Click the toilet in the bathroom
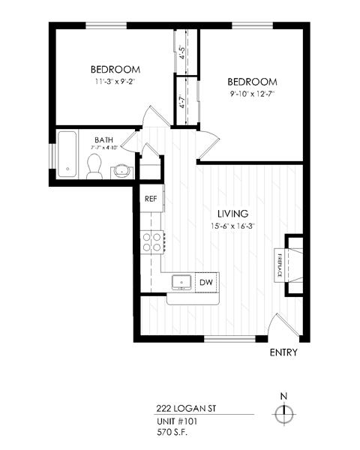point(94,170)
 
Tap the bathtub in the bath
point(67,154)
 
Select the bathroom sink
point(121,172)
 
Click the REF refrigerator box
point(150,199)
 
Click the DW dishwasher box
point(205,282)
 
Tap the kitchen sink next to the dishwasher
point(181,282)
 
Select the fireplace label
point(280,265)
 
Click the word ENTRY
point(283,352)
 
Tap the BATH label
point(103,140)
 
